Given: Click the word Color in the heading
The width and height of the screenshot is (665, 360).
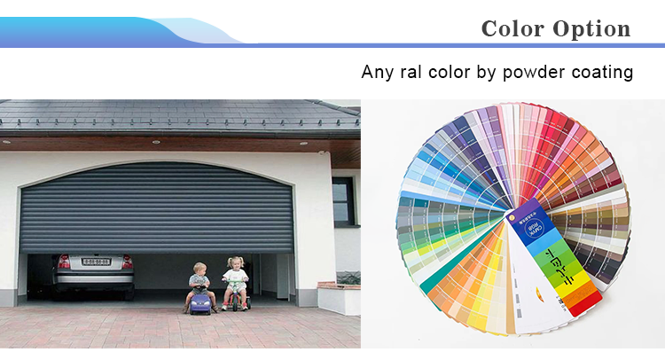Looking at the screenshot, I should click(x=512, y=28).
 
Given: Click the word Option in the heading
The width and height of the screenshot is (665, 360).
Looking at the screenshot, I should click(x=591, y=28).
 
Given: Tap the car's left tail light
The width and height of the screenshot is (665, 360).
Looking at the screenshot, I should click(x=63, y=262).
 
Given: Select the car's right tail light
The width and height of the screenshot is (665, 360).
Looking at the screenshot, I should click(x=128, y=262).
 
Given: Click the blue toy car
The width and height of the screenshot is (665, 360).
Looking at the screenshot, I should click(x=199, y=302).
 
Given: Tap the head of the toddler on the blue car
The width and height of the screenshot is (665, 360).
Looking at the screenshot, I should click(x=199, y=268).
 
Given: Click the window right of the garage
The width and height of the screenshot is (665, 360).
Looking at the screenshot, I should click(x=343, y=202).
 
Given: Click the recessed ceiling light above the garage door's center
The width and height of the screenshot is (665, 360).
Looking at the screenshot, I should click(x=156, y=142).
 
